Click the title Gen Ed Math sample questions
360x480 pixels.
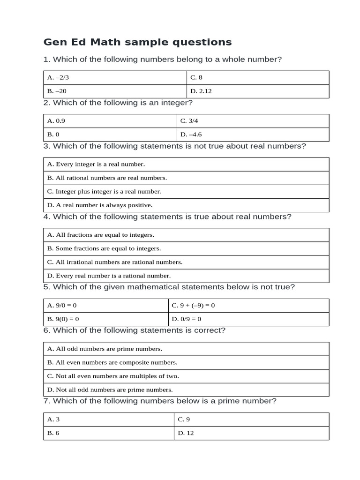coord(137,42)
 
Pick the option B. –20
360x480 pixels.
coord(60,91)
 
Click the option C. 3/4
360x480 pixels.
coord(190,121)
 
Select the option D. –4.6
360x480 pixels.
coord(191,135)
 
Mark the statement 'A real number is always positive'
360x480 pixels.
coord(100,205)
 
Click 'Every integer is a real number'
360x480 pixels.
coord(96,164)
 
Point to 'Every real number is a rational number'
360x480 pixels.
coord(109,276)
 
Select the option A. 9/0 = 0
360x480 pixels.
coord(62,305)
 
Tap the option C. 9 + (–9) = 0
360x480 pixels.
coord(193,305)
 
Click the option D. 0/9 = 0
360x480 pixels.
coord(187,319)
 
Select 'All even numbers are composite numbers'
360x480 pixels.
coord(112,362)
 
